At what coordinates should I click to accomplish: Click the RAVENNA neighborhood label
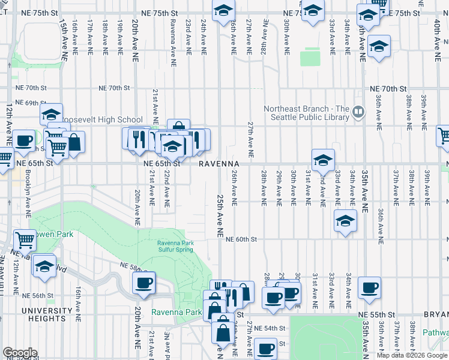click(220, 163)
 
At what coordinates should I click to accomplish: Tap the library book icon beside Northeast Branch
click(358, 111)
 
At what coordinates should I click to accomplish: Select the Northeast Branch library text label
click(306, 113)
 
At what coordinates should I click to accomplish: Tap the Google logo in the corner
click(19, 353)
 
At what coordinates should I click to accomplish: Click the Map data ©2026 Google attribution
click(411, 355)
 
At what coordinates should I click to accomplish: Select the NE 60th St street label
click(241, 239)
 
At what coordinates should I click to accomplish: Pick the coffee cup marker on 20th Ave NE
click(143, 284)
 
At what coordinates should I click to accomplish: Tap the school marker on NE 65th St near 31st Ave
click(323, 160)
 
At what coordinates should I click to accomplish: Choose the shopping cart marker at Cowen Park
click(25, 240)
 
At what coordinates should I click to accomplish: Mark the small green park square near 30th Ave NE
click(309, 58)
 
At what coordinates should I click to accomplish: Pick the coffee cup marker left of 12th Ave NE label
click(24, 141)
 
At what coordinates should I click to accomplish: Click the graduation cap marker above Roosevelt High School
click(52, 114)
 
